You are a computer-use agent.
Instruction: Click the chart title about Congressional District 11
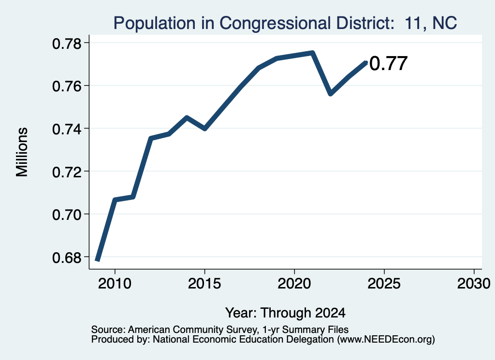(x=285, y=23)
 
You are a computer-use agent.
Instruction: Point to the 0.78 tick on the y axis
(x=67, y=43)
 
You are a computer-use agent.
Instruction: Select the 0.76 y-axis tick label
(x=67, y=86)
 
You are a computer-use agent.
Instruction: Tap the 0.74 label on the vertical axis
(x=67, y=129)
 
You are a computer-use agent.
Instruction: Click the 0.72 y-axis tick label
(x=67, y=172)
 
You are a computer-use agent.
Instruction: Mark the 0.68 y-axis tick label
(x=67, y=258)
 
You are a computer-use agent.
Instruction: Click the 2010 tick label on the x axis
(x=115, y=284)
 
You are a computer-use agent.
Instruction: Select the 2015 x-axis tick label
(x=204, y=284)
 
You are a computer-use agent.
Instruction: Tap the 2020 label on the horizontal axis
(x=294, y=284)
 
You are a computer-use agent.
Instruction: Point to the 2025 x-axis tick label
(x=384, y=284)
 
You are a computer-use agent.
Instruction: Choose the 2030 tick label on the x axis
(x=474, y=284)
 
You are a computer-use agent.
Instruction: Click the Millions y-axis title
(x=22, y=152)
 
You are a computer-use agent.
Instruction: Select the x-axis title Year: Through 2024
(x=285, y=313)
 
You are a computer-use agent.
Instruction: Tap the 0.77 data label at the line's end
(x=388, y=63)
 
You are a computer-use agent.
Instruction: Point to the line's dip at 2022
(x=331, y=94)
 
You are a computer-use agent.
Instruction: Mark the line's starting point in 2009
(x=97, y=260)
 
